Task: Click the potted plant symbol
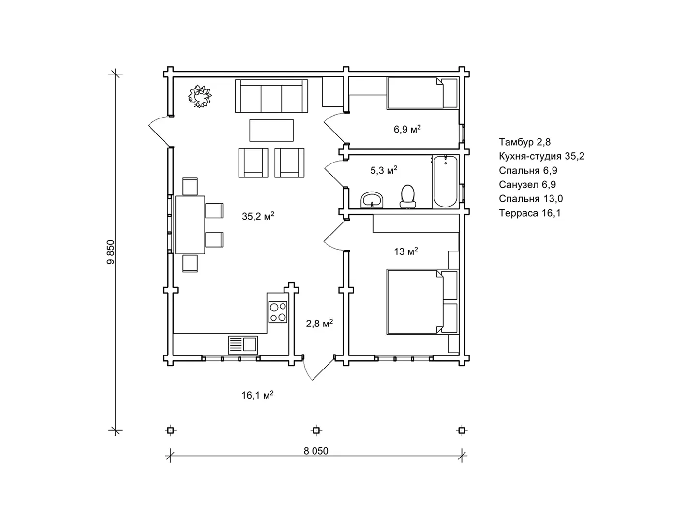(200, 96)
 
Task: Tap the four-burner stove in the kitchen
(278, 312)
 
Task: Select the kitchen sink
(243, 345)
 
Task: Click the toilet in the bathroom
(407, 196)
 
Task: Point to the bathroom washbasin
(372, 200)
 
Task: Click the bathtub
(445, 181)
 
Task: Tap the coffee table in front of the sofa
(271, 130)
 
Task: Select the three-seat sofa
(271, 96)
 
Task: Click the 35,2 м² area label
(258, 216)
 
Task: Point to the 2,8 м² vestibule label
(319, 323)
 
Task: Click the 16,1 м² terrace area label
(257, 395)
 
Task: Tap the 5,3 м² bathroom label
(384, 170)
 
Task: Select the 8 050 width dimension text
(316, 451)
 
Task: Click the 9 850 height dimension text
(111, 252)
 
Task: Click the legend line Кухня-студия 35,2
(541, 156)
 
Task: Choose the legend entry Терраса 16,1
(530, 213)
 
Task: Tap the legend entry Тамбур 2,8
(524, 142)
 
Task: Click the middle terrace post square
(316, 430)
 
